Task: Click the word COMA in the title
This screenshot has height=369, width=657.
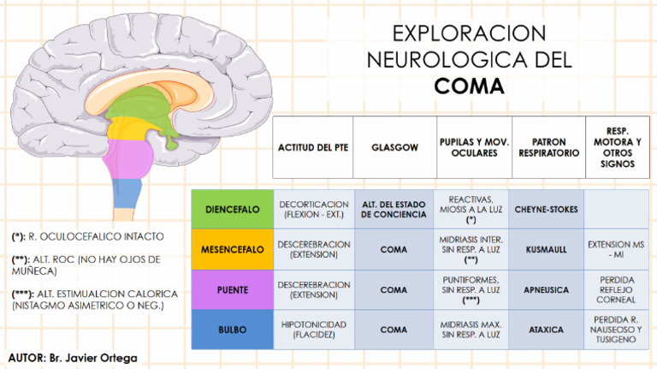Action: point(469,87)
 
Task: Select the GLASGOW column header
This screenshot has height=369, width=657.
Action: point(394,147)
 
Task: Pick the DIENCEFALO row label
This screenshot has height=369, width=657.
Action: point(232,209)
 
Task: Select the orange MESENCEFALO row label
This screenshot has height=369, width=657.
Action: point(232,249)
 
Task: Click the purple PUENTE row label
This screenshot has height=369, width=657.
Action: point(232,289)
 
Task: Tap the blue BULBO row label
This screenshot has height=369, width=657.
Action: point(232,329)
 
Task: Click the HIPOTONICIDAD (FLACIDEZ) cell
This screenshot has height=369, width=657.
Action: point(313,329)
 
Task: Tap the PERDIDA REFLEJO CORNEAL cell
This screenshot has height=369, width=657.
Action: point(617,289)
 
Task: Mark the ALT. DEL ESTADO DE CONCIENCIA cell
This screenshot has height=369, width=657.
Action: point(394,209)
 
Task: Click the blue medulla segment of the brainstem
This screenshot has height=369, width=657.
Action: point(127,193)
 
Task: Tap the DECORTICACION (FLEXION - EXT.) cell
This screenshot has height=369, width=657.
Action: point(313,209)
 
